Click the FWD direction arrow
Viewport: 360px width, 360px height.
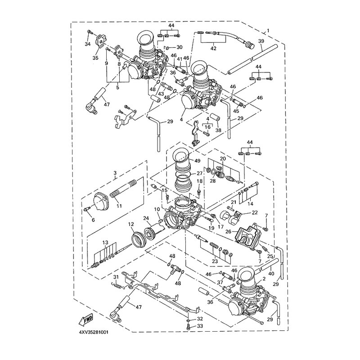pyautogui.click(x=85, y=319)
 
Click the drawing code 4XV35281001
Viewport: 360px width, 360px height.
pyautogui.click(x=94, y=332)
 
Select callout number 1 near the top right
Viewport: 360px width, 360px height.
pyautogui.click(x=268, y=31)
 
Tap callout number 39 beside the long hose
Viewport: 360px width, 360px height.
pyautogui.click(x=261, y=41)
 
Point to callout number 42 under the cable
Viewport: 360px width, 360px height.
pyautogui.click(x=213, y=49)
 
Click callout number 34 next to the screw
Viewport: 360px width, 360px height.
pyautogui.click(x=87, y=44)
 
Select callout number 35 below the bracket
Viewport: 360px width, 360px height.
pyautogui.click(x=95, y=58)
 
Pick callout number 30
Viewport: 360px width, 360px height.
pyautogui.click(x=179, y=47)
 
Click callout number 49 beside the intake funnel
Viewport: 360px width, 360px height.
pyautogui.click(x=197, y=161)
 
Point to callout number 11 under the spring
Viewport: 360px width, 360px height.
pyautogui.click(x=119, y=206)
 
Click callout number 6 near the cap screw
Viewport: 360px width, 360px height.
pyautogui.click(x=93, y=220)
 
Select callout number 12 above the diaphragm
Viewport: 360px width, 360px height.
pyautogui.click(x=131, y=224)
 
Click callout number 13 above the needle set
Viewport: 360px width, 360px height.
pyautogui.click(x=105, y=243)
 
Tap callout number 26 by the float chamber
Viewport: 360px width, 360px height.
pyautogui.click(x=228, y=231)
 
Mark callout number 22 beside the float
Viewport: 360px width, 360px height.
pyautogui.click(x=255, y=212)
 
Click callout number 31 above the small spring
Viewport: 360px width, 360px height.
pyautogui.click(x=116, y=276)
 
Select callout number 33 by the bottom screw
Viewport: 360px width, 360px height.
pyautogui.click(x=193, y=326)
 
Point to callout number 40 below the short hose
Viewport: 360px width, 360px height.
pyautogui.click(x=271, y=274)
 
